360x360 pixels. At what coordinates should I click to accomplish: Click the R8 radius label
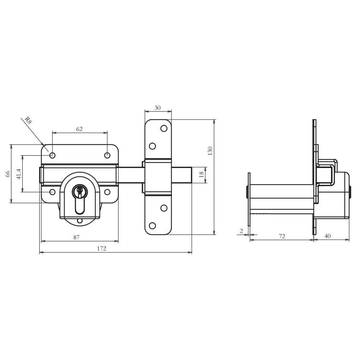pos(28,121)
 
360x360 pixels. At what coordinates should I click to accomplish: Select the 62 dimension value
pos(79,129)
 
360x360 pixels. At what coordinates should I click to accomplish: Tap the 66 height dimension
pos(7,174)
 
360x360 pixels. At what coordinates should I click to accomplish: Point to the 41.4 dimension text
pos(19,174)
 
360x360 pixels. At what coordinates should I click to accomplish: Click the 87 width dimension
pos(76,237)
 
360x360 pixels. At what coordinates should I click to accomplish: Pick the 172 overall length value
pos(102,248)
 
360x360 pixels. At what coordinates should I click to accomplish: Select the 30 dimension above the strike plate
pos(157,108)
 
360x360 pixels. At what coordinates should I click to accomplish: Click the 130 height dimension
pos(211,150)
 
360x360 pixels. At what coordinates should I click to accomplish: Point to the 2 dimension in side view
pos(241,231)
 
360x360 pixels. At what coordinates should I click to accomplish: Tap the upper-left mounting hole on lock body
pos(52,155)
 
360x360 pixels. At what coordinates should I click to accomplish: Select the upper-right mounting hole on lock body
pos(107,155)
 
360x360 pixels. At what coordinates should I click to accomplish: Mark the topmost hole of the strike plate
pos(164,128)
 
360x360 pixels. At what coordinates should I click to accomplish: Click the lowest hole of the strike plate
pos(152,225)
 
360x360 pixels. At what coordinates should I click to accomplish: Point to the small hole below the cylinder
pos(80,221)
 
